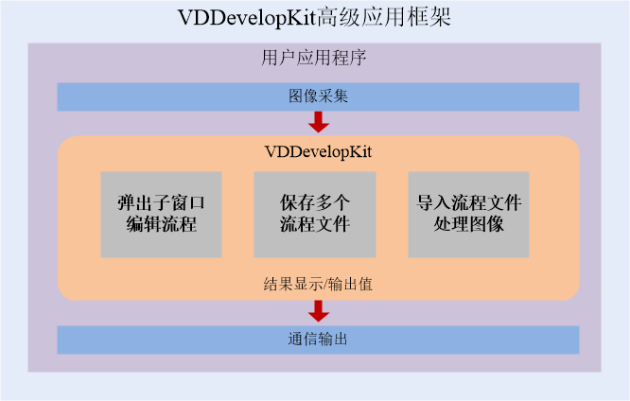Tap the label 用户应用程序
point(314,58)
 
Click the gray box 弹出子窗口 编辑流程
point(161,214)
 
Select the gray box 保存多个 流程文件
point(315,214)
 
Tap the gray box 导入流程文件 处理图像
point(469,214)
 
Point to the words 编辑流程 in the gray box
point(161,226)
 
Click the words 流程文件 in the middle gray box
point(315,226)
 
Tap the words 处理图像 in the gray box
point(469,226)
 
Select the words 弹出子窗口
point(161,203)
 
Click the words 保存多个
point(315,203)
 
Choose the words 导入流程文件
point(469,203)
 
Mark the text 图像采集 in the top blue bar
point(318,96)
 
